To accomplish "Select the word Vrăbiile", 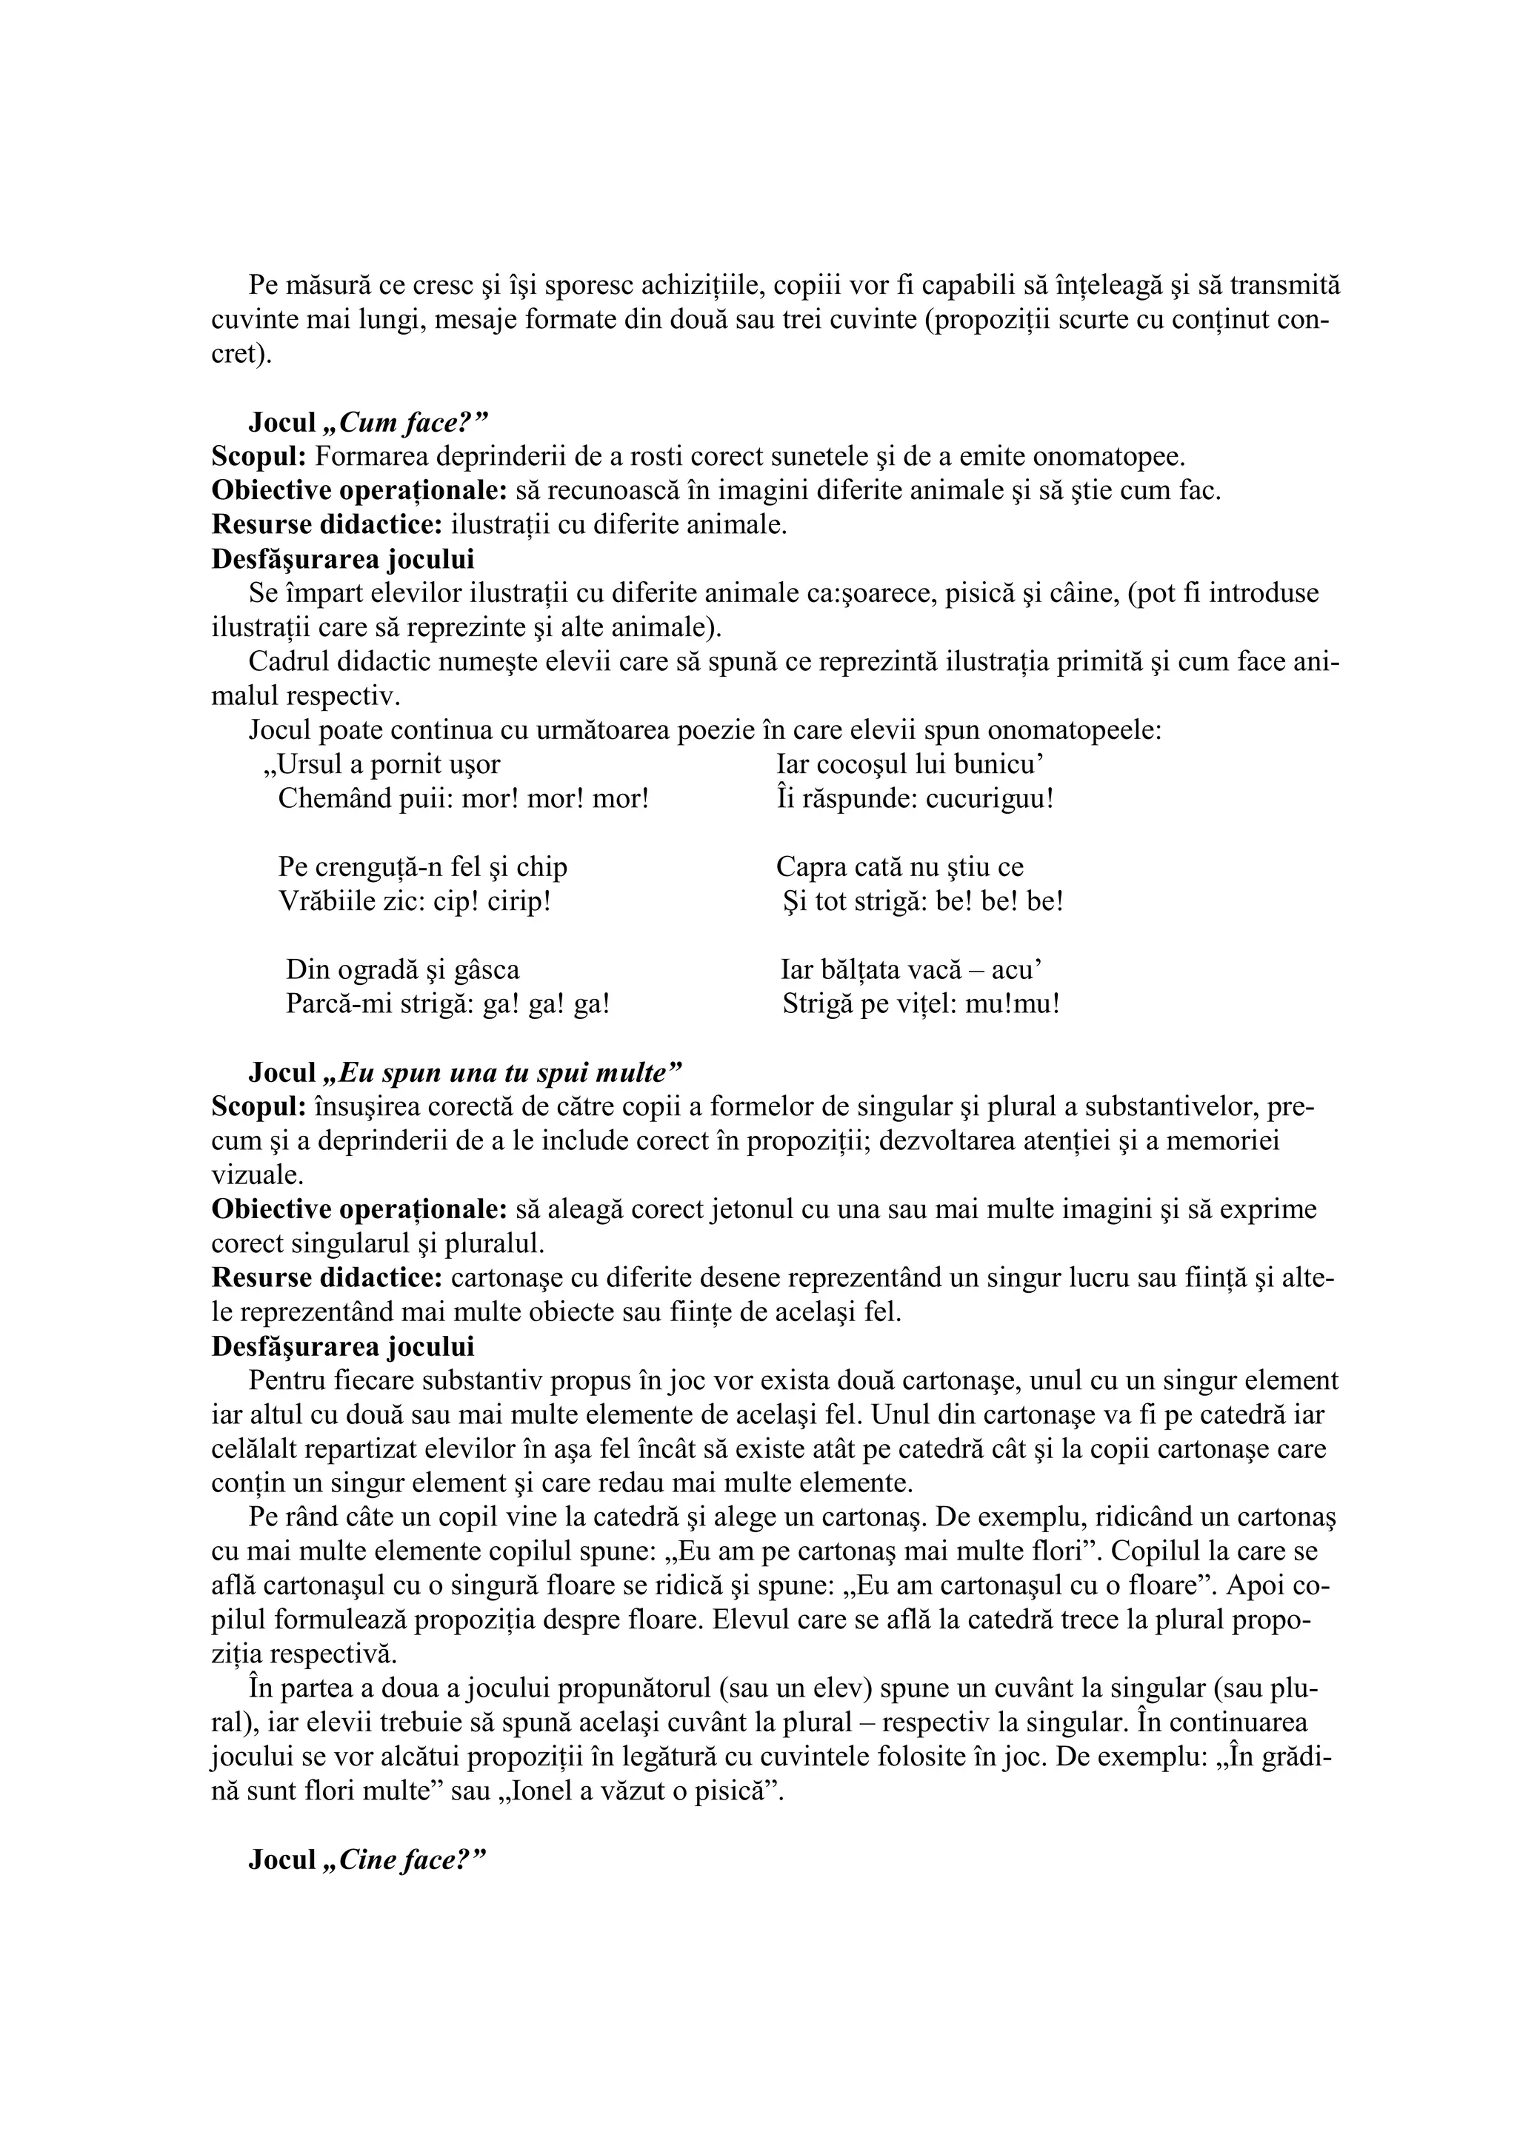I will coord(324,903).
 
